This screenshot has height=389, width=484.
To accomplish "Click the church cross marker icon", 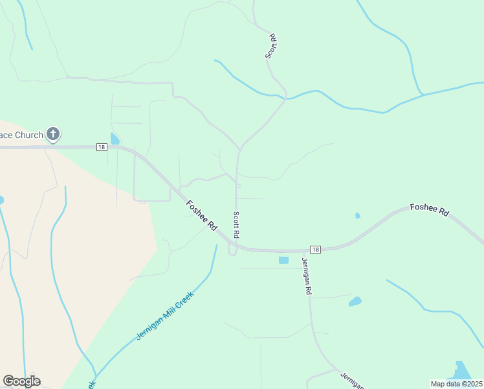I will (x=53, y=135).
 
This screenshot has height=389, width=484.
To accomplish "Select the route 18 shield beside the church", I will (x=101, y=147).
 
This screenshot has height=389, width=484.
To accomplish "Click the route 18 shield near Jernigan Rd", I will (x=315, y=250).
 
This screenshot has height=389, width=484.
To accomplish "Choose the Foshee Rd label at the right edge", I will (x=429, y=209).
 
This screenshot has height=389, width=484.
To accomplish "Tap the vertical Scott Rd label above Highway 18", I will (x=237, y=224).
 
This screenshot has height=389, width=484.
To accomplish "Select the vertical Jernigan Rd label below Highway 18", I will (x=305, y=277).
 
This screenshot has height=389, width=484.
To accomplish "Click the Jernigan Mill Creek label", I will (x=165, y=315).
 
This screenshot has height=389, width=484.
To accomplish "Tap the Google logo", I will (x=21, y=381).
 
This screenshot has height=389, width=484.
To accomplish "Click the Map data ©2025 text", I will (x=456, y=383).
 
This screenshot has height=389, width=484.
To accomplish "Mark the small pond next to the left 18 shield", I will (x=115, y=139).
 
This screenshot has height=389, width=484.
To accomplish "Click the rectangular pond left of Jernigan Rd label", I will (x=283, y=260).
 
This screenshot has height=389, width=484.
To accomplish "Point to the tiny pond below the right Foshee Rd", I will (x=358, y=215).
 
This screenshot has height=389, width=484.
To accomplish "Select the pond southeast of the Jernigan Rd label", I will (x=355, y=301).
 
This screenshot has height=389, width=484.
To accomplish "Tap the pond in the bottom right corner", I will (x=461, y=371).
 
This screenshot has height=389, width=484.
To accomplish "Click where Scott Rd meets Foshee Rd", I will (x=236, y=246).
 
